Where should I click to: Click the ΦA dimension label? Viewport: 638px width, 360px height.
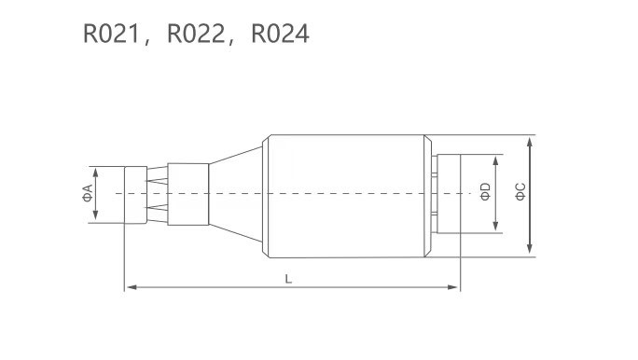tap(87, 194)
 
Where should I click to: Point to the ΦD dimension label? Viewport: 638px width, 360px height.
tap(484, 193)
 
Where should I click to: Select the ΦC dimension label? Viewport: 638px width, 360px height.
tap(520, 193)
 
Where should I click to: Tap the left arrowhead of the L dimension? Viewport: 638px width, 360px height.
tap(129, 287)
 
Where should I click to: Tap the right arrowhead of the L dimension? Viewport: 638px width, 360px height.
tap(454, 287)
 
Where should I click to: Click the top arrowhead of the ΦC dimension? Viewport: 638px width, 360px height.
tap(530, 141)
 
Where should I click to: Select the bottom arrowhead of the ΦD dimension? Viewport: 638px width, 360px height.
tap(495, 228)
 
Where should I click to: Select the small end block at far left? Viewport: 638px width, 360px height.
tap(135, 194)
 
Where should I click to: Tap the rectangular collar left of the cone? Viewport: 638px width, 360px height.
tap(189, 194)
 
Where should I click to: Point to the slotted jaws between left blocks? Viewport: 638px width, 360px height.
tap(159, 194)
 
